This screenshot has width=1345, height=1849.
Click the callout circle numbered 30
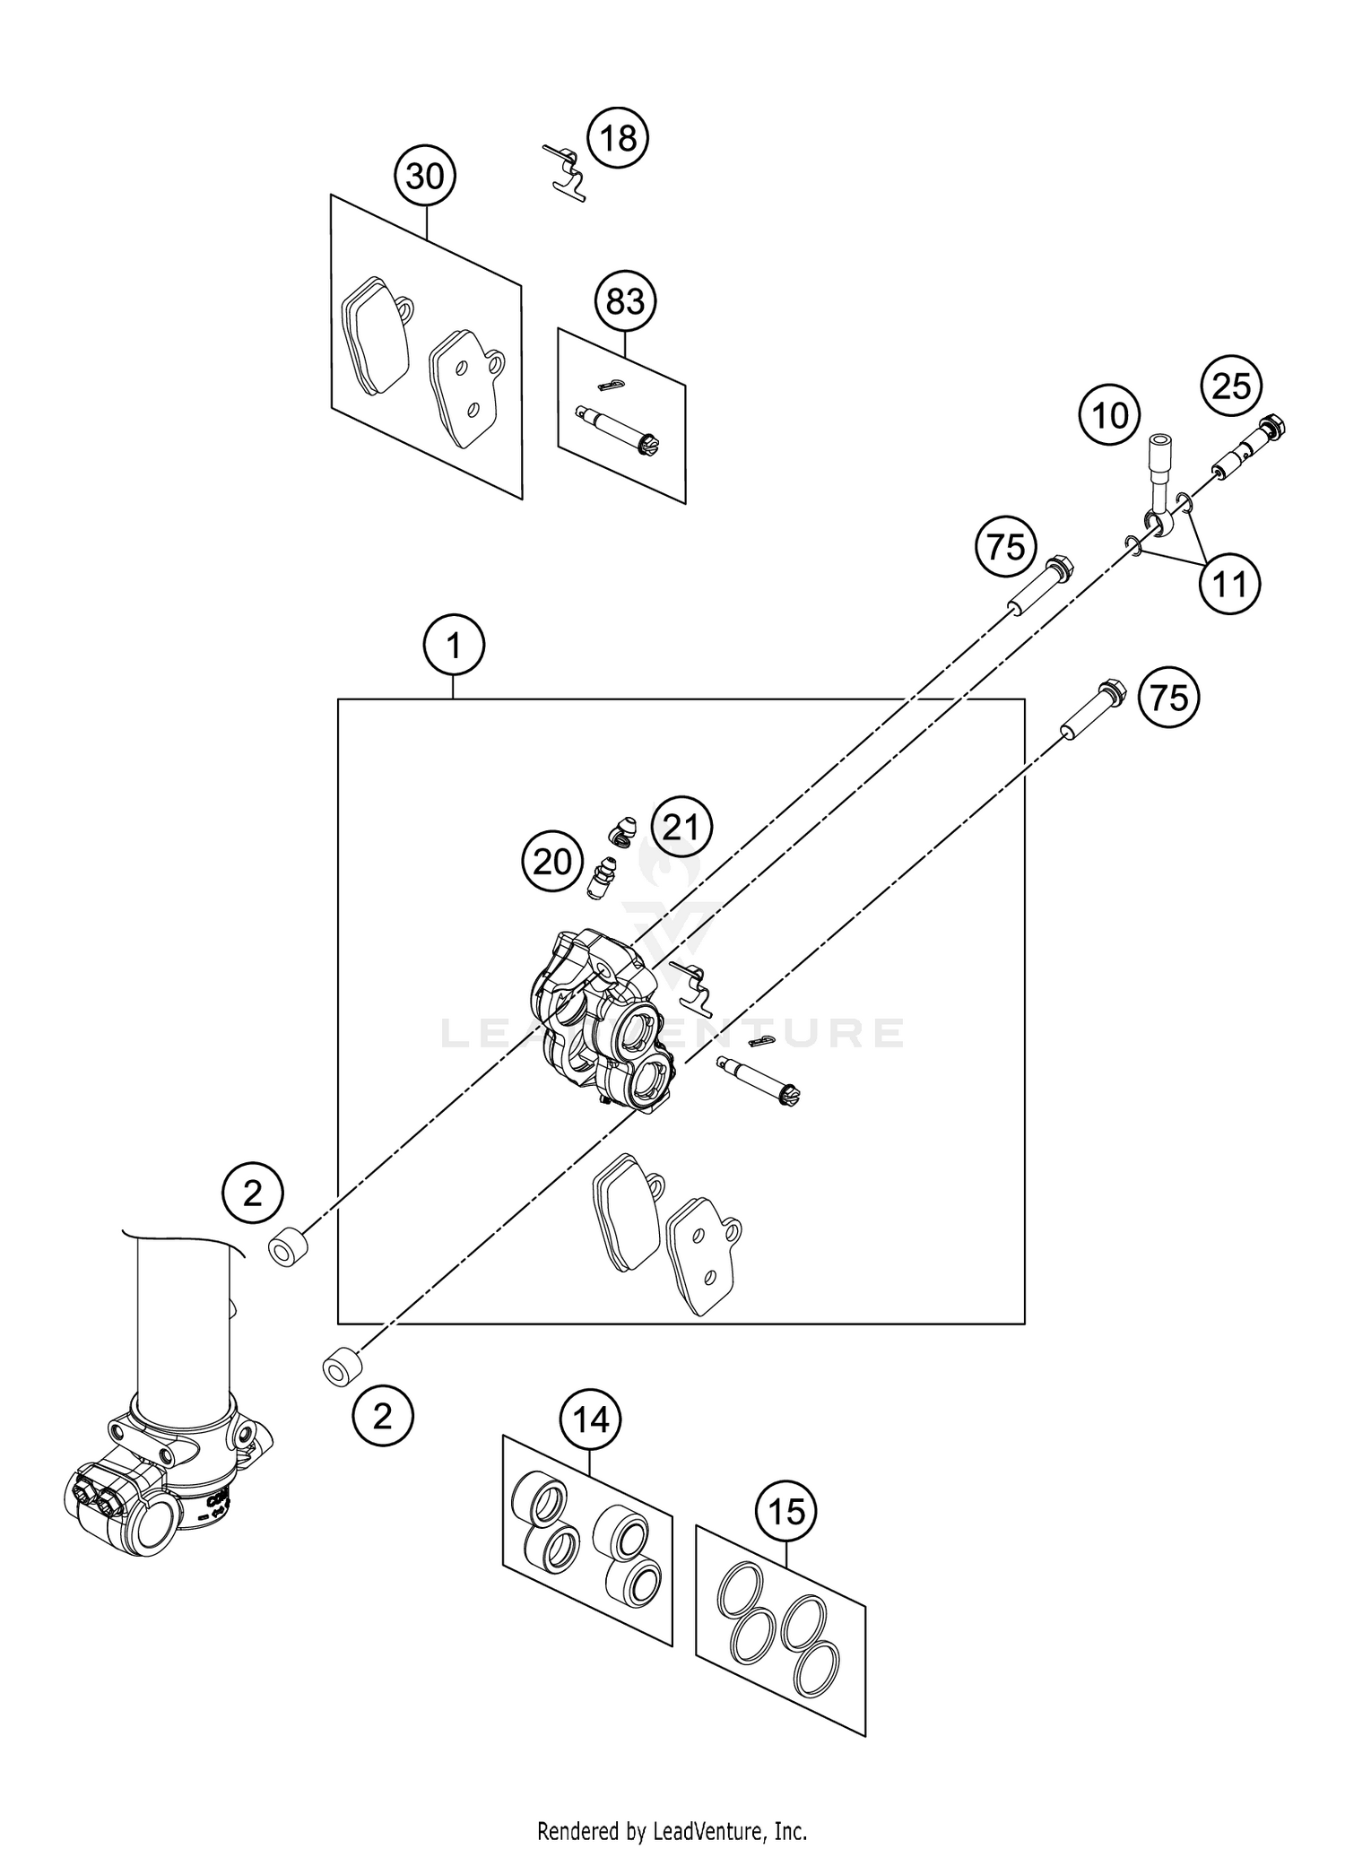425,177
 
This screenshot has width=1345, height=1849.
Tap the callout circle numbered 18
618,139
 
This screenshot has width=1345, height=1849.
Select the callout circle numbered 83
625,301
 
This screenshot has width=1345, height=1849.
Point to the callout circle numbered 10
1110,415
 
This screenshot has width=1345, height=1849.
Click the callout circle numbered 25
1231,386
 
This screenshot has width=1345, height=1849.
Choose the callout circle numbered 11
1230,585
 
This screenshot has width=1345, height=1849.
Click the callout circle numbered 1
454,645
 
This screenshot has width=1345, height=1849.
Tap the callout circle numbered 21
681,827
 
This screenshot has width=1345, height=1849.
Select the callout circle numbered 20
552,863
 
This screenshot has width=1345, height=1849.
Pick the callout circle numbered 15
786,1513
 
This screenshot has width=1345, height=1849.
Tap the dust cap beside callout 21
620,831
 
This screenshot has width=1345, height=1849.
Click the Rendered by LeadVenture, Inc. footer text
672,1829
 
